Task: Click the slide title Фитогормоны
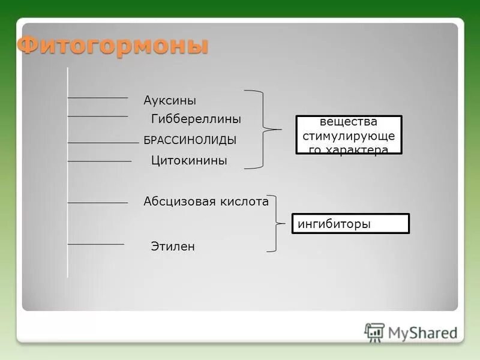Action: [112, 47]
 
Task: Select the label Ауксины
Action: [170, 100]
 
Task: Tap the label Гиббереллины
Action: [196, 119]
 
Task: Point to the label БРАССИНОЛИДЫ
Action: [190, 140]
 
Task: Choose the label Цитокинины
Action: [189, 161]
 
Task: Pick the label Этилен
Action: [173, 247]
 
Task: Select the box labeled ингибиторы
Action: [350, 224]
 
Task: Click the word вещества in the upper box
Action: [349, 122]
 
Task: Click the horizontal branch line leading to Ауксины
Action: [98, 97]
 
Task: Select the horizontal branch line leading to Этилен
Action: [96, 244]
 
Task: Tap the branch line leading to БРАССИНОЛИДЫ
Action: [103, 142]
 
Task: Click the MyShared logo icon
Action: [374, 332]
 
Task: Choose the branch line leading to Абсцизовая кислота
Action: [98, 203]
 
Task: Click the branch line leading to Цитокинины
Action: [99, 161]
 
